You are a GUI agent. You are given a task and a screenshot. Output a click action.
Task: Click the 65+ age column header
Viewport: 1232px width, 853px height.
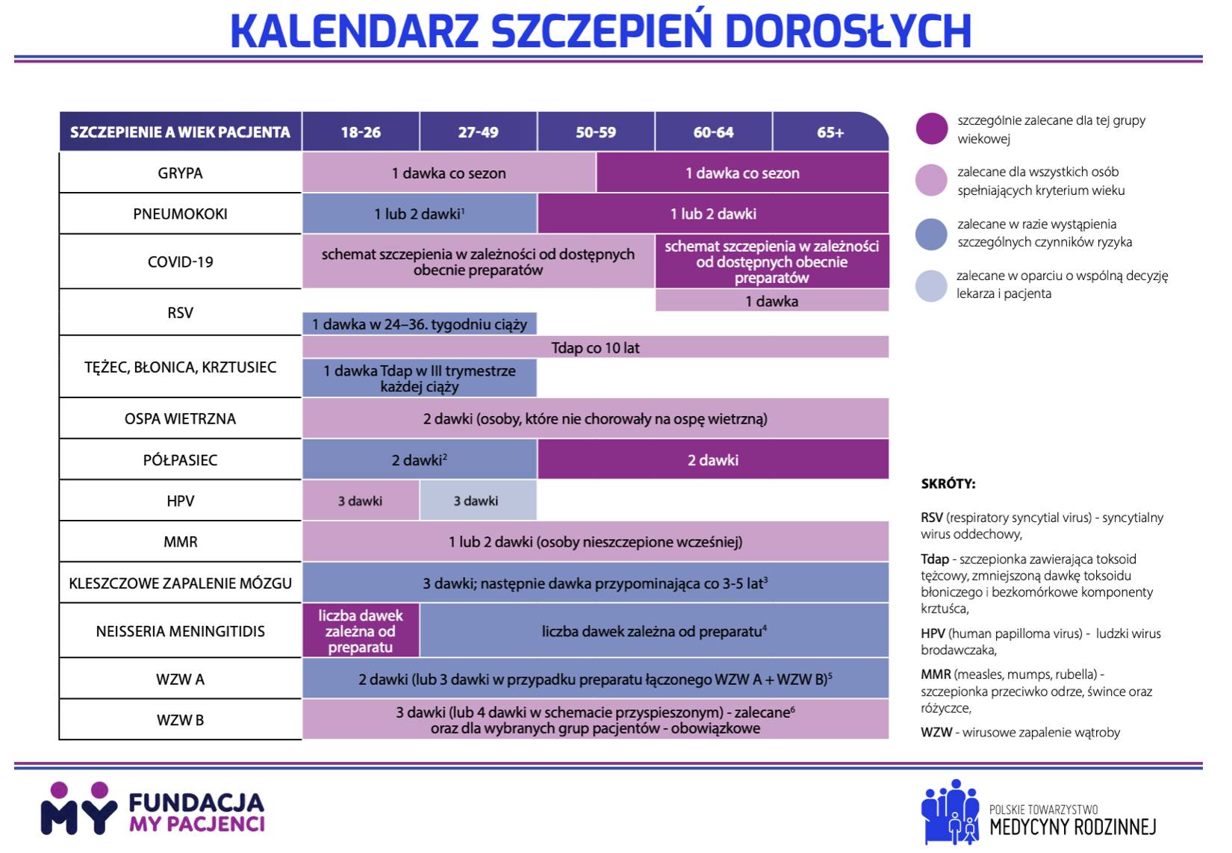pyautogui.click(x=830, y=132)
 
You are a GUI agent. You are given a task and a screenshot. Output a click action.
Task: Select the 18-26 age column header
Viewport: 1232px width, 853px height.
pyautogui.click(x=361, y=132)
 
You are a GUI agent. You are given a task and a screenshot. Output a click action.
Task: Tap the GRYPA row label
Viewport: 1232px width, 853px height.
pyautogui.click(x=180, y=173)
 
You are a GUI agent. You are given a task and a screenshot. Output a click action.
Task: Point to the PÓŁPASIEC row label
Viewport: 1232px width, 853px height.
pyautogui.click(x=180, y=460)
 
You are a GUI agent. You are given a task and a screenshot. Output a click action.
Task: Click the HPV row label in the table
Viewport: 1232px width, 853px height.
pyautogui.click(x=180, y=501)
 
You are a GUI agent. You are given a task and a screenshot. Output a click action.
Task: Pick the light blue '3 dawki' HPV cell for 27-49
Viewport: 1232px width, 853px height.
pyautogui.click(x=476, y=501)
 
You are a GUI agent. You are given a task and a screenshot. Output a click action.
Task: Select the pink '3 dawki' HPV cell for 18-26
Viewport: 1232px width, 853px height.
pyautogui.click(x=360, y=501)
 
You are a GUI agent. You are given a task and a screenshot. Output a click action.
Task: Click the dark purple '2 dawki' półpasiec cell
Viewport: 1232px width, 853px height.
pyautogui.click(x=713, y=460)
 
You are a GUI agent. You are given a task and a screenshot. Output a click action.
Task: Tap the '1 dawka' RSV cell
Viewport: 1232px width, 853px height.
pyautogui.click(x=772, y=301)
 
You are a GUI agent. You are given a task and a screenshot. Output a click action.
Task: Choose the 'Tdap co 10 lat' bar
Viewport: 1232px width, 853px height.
pyautogui.click(x=595, y=347)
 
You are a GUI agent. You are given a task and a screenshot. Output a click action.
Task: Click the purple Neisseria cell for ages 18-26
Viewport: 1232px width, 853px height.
pyautogui.click(x=361, y=631)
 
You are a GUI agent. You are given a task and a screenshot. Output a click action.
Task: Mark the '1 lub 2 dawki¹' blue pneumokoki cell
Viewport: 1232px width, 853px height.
pyautogui.click(x=420, y=214)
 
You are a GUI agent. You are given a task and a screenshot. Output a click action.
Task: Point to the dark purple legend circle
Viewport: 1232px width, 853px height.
pyautogui.click(x=932, y=128)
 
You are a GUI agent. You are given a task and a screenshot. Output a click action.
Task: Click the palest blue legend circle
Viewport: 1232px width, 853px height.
pyautogui.click(x=931, y=285)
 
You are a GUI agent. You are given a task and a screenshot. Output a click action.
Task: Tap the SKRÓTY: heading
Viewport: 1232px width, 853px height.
pyautogui.click(x=948, y=484)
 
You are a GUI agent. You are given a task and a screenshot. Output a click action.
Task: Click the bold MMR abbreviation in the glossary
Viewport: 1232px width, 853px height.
pyautogui.click(x=936, y=674)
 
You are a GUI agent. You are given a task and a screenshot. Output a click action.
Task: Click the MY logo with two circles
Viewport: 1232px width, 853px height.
pyautogui.click(x=78, y=809)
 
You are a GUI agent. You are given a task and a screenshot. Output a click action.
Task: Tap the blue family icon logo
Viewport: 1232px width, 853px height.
pyautogui.click(x=950, y=812)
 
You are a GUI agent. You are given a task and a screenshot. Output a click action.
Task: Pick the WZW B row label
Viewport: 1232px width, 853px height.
pyautogui.click(x=180, y=720)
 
